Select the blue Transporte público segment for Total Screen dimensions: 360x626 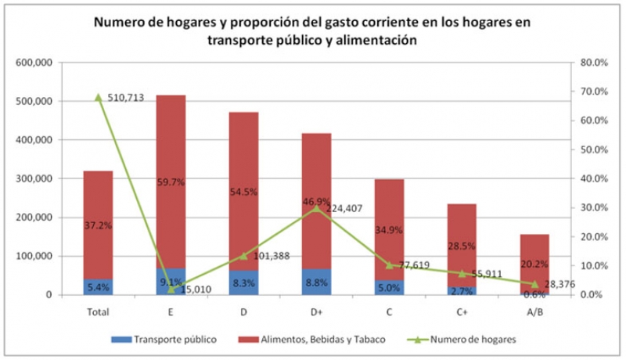(99, 287)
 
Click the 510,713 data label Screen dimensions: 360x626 (126, 98)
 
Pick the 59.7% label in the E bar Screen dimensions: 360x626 (171, 182)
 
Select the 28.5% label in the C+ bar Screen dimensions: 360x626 (461, 245)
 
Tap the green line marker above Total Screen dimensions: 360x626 (99, 97)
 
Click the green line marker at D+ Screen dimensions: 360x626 (315, 208)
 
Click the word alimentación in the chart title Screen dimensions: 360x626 (372, 41)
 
